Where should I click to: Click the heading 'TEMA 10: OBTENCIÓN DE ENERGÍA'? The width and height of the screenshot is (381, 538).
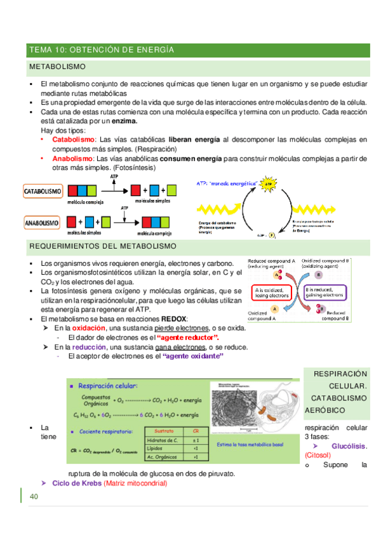(x=102, y=49)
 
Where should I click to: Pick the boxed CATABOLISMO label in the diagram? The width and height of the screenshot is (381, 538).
(x=43, y=190)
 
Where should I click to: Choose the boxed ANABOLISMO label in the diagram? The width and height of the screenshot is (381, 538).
(x=43, y=223)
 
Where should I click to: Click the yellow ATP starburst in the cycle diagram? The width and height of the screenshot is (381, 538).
(x=268, y=185)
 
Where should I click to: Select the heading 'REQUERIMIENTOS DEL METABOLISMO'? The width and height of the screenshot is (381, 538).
(x=104, y=246)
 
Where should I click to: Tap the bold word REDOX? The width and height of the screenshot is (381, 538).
(x=173, y=318)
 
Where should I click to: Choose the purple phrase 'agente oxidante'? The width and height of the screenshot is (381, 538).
(x=194, y=357)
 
